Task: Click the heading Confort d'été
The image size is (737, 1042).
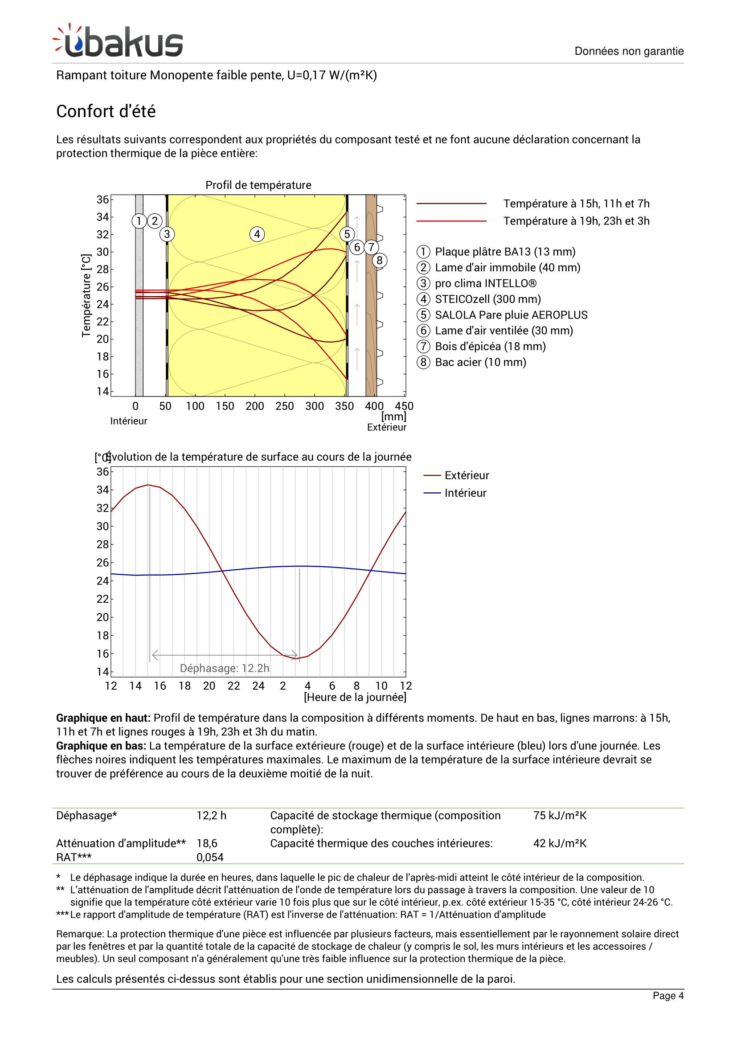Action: click(106, 111)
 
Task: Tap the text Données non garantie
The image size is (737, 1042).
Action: click(629, 51)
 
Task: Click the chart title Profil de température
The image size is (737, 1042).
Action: click(258, 185)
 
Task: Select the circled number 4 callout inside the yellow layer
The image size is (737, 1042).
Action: click(257, 234)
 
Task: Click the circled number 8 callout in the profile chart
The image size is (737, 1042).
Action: click(379, 261)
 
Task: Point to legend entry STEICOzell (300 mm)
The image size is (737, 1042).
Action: click(487, 299)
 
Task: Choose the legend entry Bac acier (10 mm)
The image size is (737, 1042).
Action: click(480, 362)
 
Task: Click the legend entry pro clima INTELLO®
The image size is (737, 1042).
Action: click(485, 283)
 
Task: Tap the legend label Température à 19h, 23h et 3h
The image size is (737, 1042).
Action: click(576, 221)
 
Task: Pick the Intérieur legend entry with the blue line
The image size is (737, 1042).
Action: click(465, 493)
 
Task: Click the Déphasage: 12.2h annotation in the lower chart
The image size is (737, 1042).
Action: click(225, 668)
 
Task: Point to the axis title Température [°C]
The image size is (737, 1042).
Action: click(86, 295)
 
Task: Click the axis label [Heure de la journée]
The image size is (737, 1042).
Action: click(355, 697)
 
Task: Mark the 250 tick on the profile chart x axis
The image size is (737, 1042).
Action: click(285, 406)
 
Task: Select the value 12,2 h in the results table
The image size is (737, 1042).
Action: click(212, 816)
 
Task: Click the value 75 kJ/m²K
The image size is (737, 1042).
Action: click(560, 816)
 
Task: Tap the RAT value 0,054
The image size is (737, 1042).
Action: click(210, 857)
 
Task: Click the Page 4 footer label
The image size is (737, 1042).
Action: click(667, 996)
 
